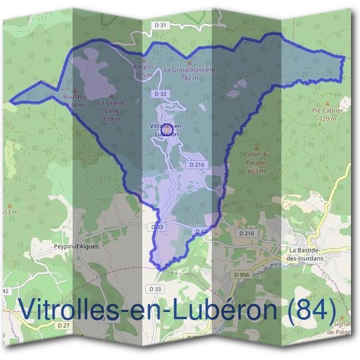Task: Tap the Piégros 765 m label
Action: pyautogui.click(x=144, y=71)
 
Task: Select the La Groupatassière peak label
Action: pyautogui.click(x=189, y=73)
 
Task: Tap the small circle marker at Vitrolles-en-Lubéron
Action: pyautogui.click(x=167, y=128)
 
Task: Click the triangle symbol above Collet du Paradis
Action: pyautogui.click(x=257, y=146)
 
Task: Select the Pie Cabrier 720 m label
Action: pyautogui.click(x=327, y=115)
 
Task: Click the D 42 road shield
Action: pyautogui.click(x=201, y=232)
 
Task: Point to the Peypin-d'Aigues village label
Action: pyautogui.click(x=76, y=246)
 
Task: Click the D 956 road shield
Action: pyautogui.click(x=242, y=274)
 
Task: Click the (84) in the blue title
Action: pyautogui.click(x=311, y=308)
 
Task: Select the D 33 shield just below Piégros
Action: pyautogui.click(x=160, y=94)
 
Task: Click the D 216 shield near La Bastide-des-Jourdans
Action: pyautogui.click(x=247, y=233)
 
